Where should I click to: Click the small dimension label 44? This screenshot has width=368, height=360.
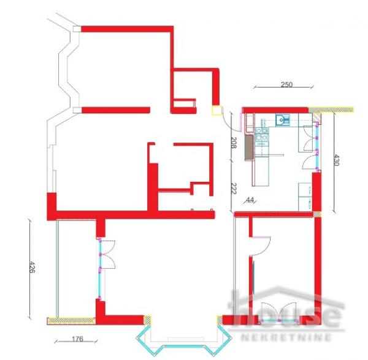click(250, 200)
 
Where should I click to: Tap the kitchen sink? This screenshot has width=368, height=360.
click(282, 120)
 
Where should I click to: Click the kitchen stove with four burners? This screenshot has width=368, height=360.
click(262, 136)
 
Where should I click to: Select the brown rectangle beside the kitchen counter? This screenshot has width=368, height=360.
click(248, 148)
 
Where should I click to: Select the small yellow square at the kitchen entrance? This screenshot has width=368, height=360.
click(217, 111)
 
